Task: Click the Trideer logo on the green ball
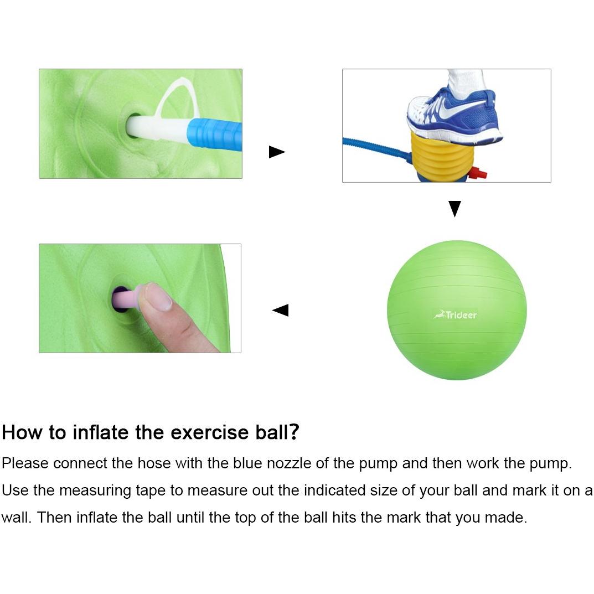coord(455,315)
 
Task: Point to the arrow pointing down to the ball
coord(454,209)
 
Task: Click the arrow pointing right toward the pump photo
coord(277,152)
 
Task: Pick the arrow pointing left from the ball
coord(280,310)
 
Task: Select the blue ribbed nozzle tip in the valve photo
coord(214,135)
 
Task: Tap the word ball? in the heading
coord(277,432)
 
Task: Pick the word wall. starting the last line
coord(16,518)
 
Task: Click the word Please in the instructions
coord(25,463)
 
